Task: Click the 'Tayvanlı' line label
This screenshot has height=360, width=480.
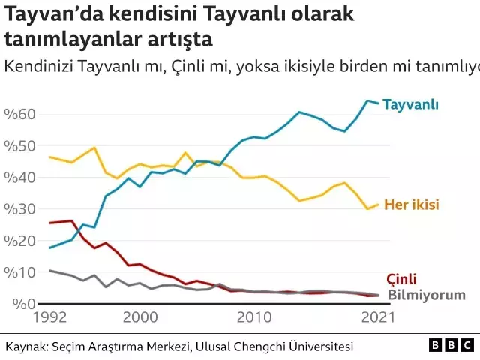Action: click(410, 104)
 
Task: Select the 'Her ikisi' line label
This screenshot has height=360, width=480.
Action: click(411, 205)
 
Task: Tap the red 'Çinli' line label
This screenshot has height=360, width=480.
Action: click(401, 278)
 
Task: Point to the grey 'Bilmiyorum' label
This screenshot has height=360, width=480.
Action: click(426, 295)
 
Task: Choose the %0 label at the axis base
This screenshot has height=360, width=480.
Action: click(19, 303)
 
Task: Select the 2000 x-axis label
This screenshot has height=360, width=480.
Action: click(140, 318)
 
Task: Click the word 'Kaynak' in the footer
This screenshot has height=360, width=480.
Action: click(25, 346)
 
